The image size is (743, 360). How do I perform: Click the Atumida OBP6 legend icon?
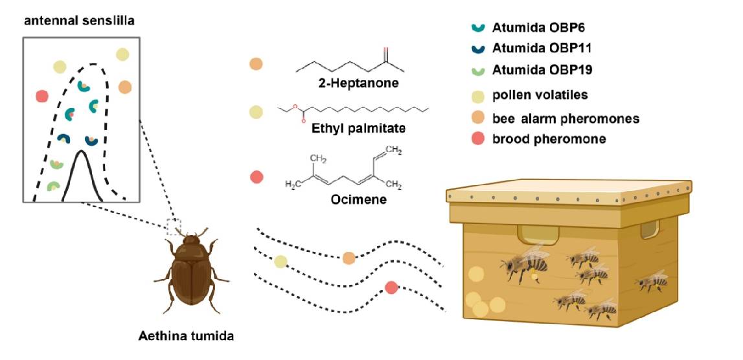pos(477,28)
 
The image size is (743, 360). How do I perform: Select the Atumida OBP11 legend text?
pos(542,49)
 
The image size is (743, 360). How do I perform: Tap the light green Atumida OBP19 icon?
pos(477,69)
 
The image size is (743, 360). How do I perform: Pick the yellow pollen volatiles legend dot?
pos(477,96)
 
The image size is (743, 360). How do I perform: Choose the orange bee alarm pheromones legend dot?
pos(477,118)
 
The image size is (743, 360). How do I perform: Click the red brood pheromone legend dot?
pos(477,139)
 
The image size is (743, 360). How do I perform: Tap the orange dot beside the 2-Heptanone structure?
pos(256,65)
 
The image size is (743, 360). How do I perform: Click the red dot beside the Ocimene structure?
pos(257,177)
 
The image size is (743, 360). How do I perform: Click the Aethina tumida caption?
pos(186,336)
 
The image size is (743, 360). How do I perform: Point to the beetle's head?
pos(191,243)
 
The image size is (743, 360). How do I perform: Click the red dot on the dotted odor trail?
pos(391,287)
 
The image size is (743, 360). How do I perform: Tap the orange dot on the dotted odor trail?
pos(349,258)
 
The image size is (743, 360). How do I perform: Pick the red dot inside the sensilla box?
pos(42,96)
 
